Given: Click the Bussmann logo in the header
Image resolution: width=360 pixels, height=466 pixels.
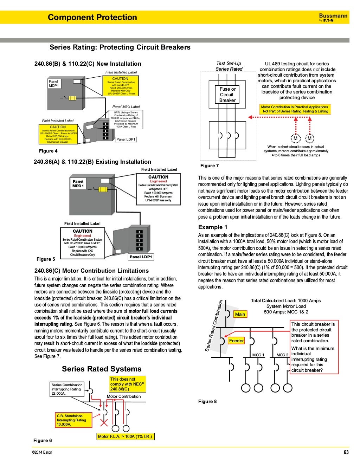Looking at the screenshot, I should (x=333, y=17).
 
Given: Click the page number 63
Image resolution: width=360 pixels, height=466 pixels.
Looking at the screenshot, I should (x=346, y=452).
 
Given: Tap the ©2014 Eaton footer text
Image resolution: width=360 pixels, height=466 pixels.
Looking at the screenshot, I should (x=42, y=452).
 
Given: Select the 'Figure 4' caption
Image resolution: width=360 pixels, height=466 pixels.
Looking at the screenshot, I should (x=48, y=151).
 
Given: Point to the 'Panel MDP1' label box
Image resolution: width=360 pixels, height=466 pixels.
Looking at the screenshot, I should (x=54, y=84).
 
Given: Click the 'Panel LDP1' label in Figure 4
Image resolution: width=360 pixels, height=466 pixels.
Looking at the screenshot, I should (x=126, y=140).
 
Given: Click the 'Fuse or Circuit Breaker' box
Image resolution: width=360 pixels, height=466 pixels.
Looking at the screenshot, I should (x=227, y=95).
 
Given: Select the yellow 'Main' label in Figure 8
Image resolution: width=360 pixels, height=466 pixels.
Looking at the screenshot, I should (x=240, y=314).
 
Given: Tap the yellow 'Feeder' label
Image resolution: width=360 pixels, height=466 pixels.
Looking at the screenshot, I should (x=236, y=341).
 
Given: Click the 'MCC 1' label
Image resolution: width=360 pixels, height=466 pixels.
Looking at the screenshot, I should (x=258, y=355).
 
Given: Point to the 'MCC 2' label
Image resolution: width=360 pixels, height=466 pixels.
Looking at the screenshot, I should (x=282, y=355).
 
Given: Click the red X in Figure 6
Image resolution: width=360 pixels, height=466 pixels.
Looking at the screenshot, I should (x=104, y=422).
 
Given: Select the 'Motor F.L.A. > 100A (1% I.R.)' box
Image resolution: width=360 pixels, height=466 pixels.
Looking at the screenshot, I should (x=125, y=436).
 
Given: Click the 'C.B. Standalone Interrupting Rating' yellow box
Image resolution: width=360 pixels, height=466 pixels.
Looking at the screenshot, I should (x=73, y=420).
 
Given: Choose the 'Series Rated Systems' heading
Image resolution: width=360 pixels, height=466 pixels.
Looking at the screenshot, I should (x=102, y=369).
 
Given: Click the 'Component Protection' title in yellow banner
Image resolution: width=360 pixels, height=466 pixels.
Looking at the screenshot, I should (x=92, y=17).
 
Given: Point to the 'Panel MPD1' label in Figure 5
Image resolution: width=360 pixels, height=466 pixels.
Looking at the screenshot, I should (x=78, y=184).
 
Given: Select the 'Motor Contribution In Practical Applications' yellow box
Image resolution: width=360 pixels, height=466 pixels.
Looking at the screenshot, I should (x=295, y=109).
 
